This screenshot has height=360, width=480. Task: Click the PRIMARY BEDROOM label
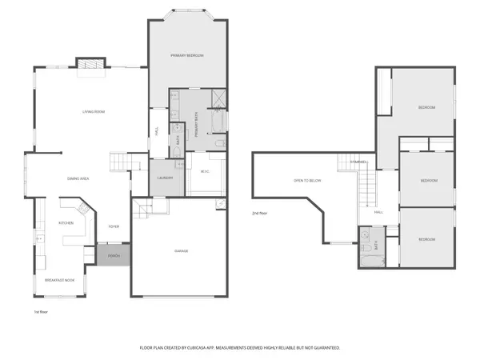pyautogui.click(x=187, y=55)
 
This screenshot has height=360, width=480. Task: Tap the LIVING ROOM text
pyautogui.click(x=94, y=111)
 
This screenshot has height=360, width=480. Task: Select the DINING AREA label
pyautogui.click(x=78, y=179)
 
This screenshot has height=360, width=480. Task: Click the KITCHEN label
pyautogui.click(x=66, y=223)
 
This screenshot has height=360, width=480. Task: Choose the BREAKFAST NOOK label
pyautogui.click(x=60, y=280)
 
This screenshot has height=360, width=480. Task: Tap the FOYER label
pyautogui.click(x=114, y=226)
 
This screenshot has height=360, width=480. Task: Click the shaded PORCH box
pyautogui.click(x=113, y=255)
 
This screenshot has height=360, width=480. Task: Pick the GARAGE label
pyautogui.click(x=182, y=251)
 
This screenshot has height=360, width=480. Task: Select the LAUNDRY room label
pyautogui.click(x=166, y=178)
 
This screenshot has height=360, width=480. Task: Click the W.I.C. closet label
pyautogui.click(x=205, y=171)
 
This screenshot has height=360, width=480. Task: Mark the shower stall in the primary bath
pyautogui.click(x=218, y=98)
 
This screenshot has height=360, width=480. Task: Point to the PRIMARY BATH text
pyautogui.click(x=196, y=130)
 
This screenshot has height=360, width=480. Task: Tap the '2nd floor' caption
pyautogui.click(x=259, y=213)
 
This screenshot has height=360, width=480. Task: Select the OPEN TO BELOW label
pyautogui.click(x=307, y=181)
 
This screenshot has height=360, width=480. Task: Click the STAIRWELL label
pyautogui.click(x=358, y=162)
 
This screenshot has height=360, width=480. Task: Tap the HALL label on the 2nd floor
pyautogui.click(x=378, y=212)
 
